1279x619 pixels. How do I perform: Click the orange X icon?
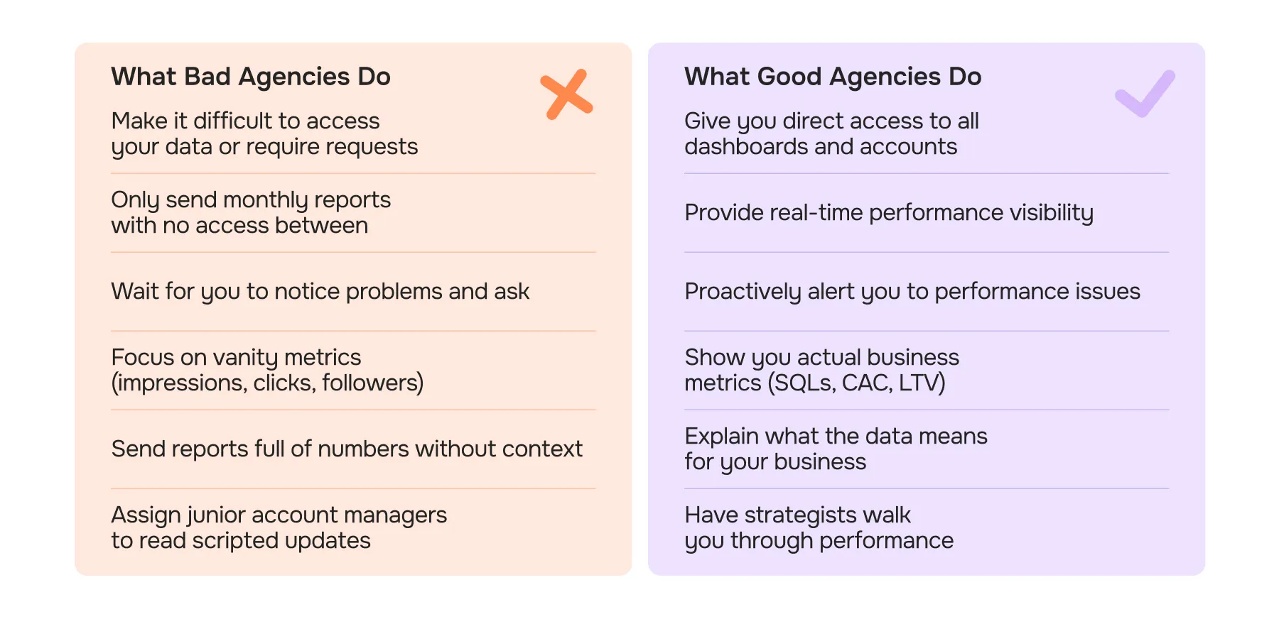pos(566,94)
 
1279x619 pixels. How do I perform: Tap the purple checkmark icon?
pos(1144,94)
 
